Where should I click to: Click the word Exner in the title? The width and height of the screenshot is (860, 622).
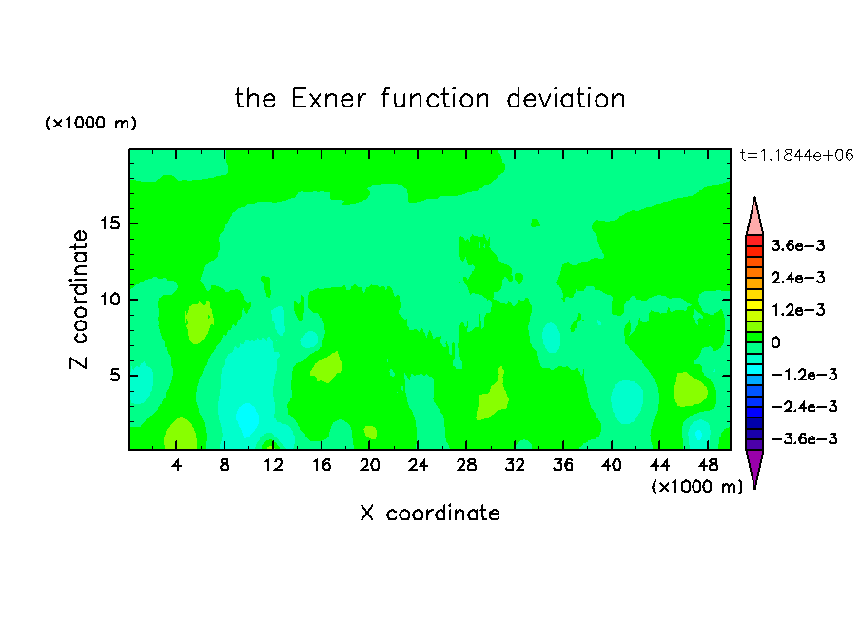328,99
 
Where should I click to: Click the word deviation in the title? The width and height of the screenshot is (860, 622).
566,99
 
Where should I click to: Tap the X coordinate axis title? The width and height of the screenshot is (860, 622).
430,513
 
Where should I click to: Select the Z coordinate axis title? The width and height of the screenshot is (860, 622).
79,299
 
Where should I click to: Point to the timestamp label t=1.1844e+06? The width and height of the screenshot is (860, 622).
796,155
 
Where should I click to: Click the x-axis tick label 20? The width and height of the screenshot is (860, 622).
370,465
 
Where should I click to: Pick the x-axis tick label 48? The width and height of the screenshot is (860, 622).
708,465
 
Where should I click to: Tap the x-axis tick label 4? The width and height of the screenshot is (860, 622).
176,465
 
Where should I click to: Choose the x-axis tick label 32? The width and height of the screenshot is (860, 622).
515,465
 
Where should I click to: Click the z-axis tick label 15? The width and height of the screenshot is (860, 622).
109,224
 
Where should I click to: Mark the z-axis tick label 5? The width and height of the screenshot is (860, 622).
114,375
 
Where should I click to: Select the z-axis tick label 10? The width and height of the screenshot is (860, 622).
109,300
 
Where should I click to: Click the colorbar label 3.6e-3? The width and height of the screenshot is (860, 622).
798,245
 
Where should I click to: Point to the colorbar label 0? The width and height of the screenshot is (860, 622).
775,342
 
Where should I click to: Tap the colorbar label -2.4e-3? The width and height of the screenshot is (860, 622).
804,406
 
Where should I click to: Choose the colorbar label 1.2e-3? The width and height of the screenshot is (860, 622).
798,310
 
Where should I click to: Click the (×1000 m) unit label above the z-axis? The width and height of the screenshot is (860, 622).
90,123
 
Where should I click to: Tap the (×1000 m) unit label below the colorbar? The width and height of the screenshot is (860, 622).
696,487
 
